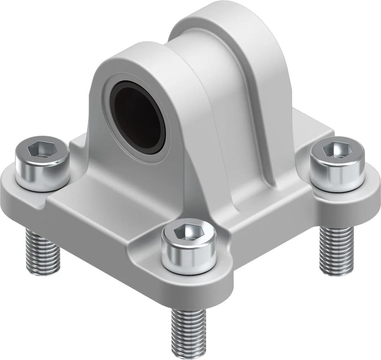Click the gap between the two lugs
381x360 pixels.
(x=188, y=54)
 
